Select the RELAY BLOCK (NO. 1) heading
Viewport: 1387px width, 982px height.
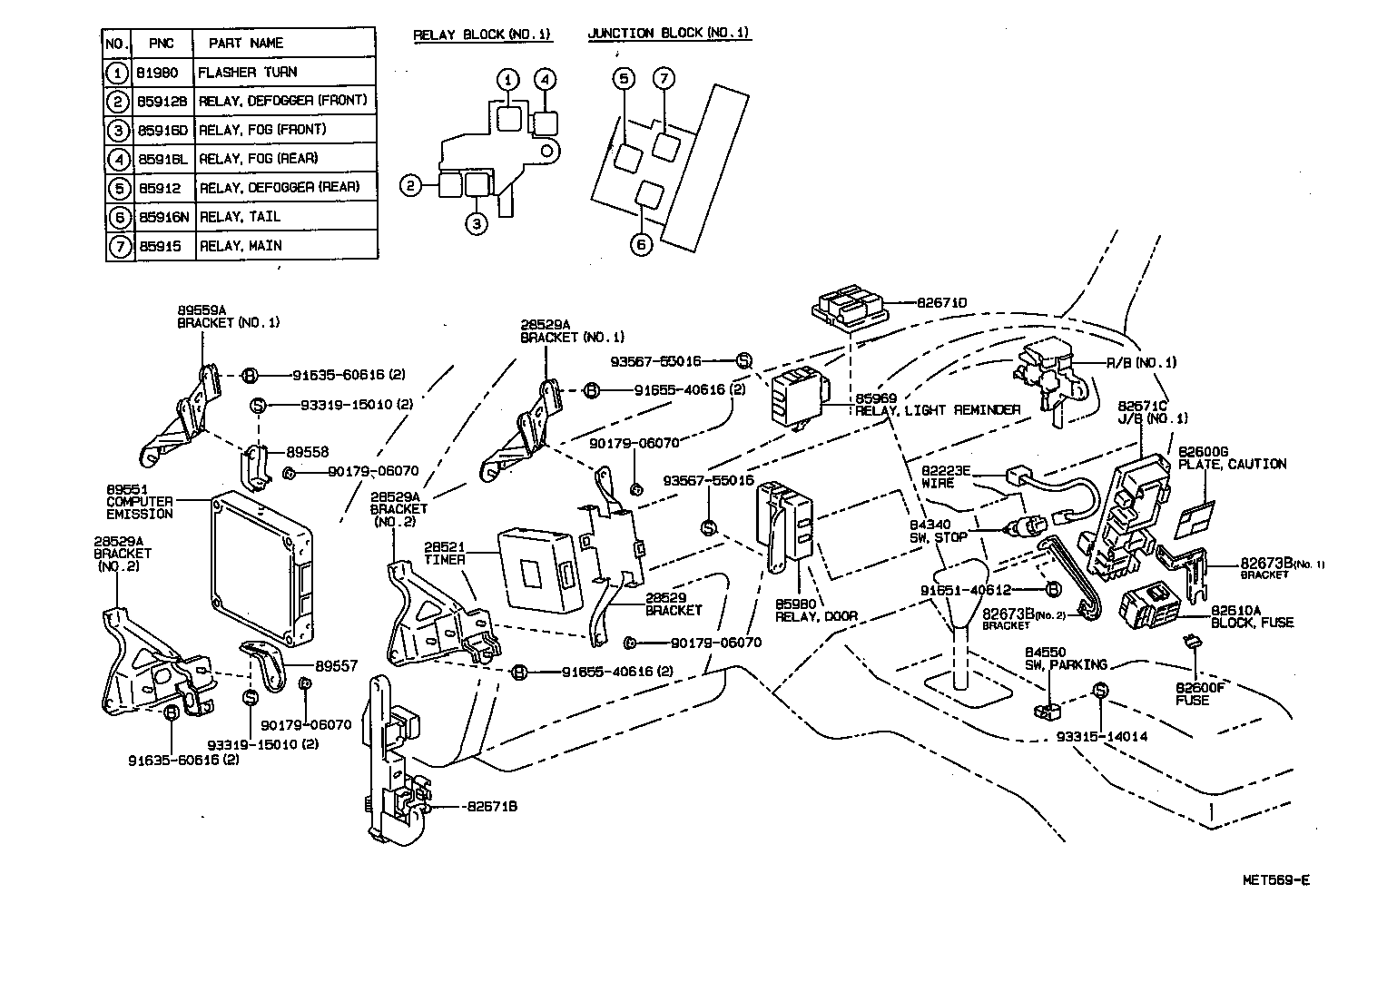[481, 34]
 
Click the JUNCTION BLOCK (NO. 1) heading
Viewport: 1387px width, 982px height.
[668, 34]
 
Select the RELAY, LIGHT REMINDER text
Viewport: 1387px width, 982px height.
[938, 410]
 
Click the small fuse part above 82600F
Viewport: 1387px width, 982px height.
[1194, 643]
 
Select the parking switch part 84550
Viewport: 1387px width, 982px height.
[1047, 709]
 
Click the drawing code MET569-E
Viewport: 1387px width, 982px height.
[1275, 879]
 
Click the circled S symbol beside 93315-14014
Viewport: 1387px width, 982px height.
[1099, 691]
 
